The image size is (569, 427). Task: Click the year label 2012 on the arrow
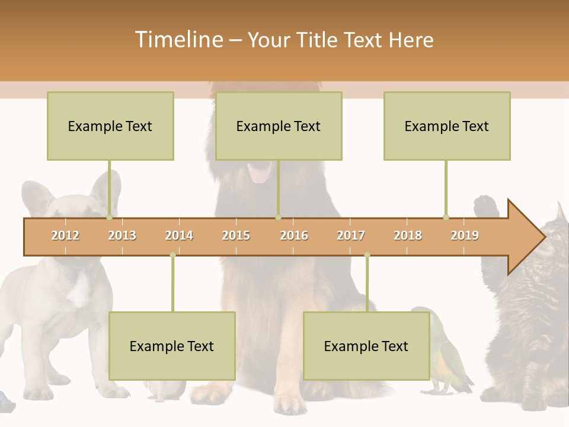(65, 235)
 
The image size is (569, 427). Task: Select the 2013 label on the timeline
(122, 235)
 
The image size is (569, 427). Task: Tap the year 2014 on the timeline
(179, 235)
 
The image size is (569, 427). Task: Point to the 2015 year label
(236, 235)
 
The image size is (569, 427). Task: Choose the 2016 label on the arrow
(294, 235)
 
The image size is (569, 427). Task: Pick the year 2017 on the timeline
(351, 235)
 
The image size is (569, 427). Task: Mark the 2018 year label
(408, 235)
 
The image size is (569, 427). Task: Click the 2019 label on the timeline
(465, 235)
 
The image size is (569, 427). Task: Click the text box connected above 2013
(110, 126)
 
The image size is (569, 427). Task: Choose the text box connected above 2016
(279, 126)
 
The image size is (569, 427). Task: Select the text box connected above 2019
(447, 126)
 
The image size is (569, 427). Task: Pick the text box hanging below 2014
(172, 346)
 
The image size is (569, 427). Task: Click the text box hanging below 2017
(366, 346)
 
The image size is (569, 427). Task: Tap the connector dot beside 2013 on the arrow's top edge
(109, 217)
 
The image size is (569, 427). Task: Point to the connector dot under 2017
(367, 255)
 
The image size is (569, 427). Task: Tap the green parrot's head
(423, 314)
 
